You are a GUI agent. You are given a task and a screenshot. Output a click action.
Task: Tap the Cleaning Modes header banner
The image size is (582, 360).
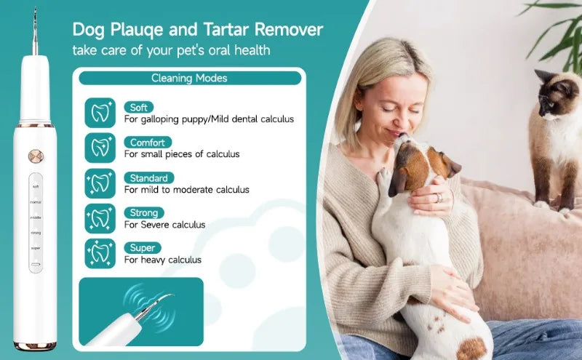coord(189,78)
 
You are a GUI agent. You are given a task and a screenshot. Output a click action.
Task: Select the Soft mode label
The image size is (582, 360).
coord(139,108)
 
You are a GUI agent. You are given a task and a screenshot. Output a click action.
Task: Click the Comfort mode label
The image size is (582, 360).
coord(148,143)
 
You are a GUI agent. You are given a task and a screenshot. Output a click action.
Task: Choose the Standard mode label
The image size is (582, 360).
coord(148,178)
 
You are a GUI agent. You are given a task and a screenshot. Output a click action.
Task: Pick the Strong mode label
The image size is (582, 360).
coord(143,213)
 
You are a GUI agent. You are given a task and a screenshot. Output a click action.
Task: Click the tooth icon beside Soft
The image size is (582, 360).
coord(99,112)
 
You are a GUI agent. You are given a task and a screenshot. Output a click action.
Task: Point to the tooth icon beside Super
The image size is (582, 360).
coord(99,253)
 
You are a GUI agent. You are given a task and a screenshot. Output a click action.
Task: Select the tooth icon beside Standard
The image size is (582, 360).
coord(99,183)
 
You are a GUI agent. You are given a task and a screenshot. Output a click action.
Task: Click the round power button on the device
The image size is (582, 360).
coord(33,156)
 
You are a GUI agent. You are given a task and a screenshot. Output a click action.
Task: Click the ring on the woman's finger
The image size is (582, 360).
coord(438,197)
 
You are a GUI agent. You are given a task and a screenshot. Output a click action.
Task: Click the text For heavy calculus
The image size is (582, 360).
coord(162,260)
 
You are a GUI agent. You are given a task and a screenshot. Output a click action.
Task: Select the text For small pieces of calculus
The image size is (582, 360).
coord(181,154)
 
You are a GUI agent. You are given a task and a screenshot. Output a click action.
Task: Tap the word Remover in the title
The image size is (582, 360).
coord(284,31)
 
